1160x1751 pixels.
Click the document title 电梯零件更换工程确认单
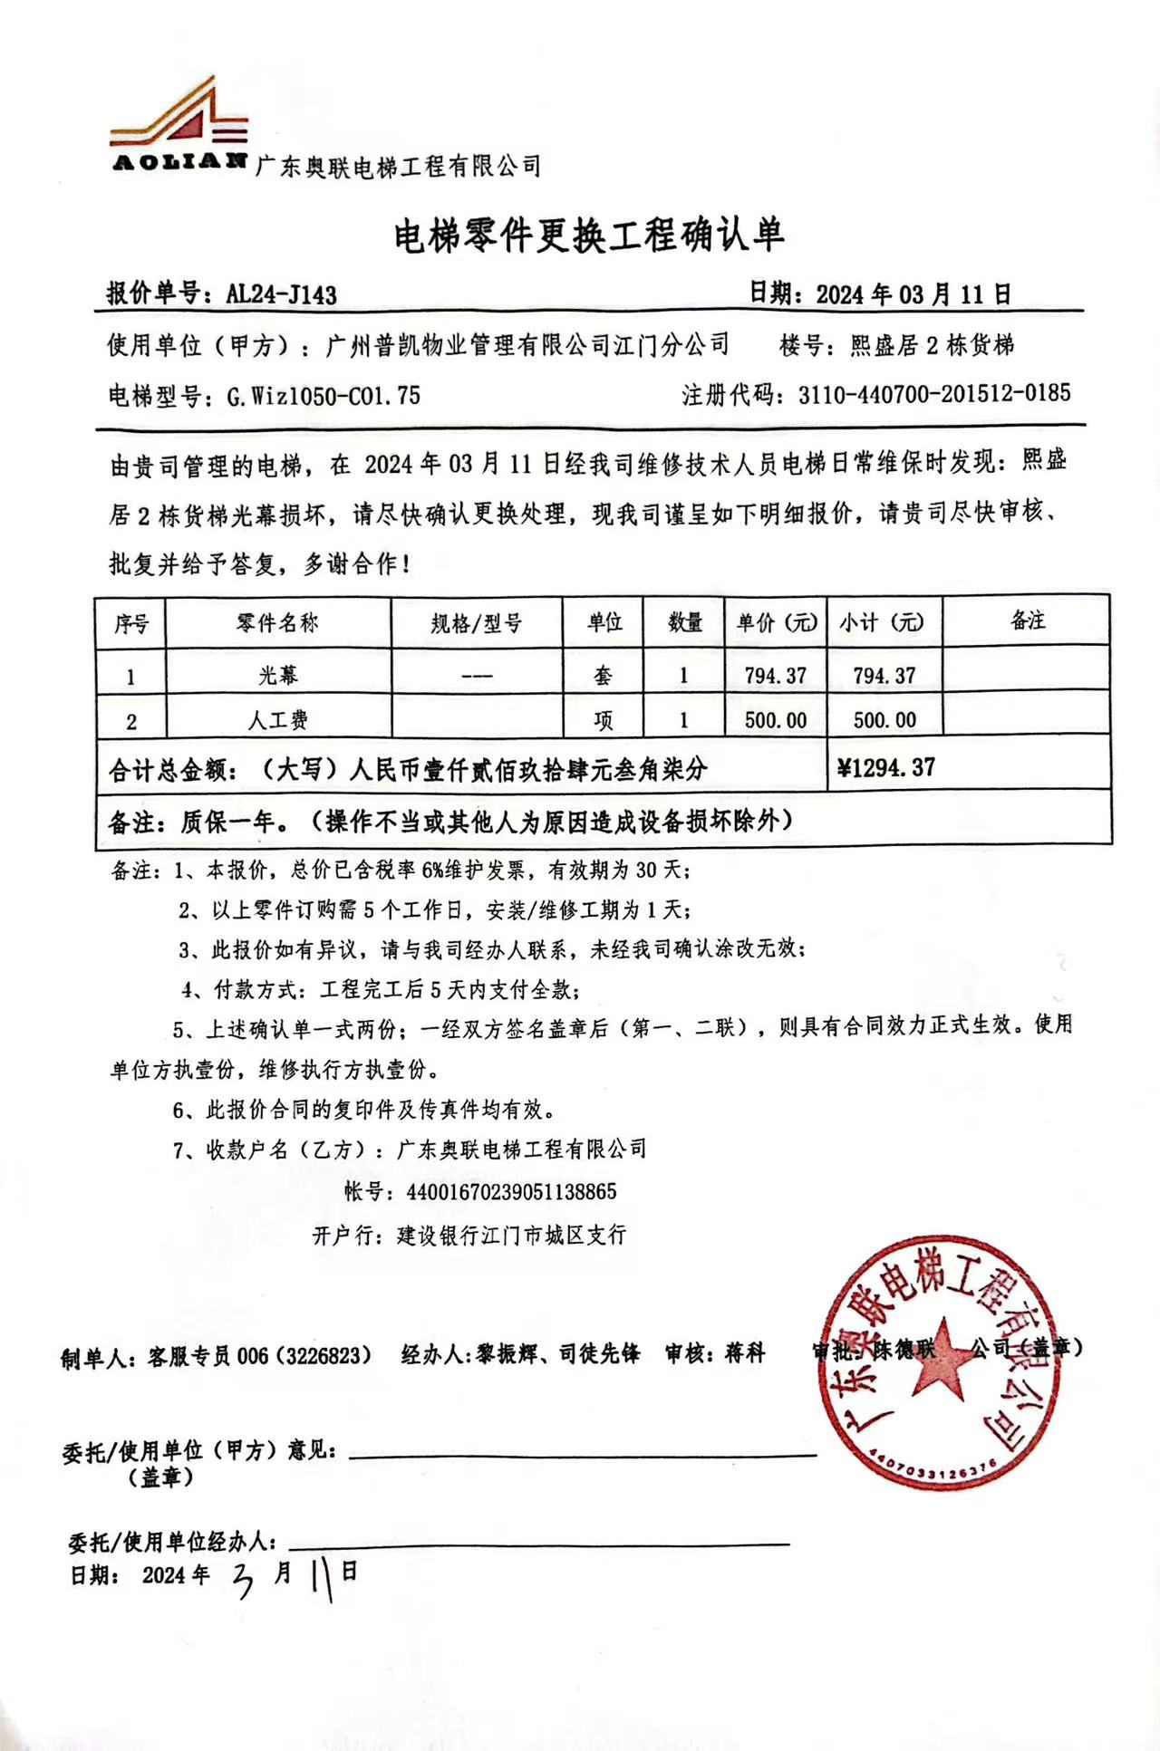pos(588,236)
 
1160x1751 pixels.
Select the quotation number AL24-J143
pos(281,294)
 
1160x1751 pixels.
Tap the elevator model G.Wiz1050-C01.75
pos(324,396)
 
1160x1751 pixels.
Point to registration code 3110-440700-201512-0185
pos(934,393)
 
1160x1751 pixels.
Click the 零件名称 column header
pos(277,623)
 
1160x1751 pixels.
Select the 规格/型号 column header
pos(476,623)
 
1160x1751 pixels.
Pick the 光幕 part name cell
pos(277,675)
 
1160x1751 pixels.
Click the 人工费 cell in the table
pos(277,720)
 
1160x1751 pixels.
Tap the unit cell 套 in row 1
pos(603,675)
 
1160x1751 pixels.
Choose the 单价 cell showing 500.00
pos(776,720)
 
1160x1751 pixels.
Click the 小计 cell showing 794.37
pos(884,675)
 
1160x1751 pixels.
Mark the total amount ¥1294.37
pos(885,768)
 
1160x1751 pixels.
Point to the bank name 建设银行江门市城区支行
pos(511,1235)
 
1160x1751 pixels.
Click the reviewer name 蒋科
pos(745,1353)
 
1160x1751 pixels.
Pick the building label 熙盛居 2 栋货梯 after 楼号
pos(932,345)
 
